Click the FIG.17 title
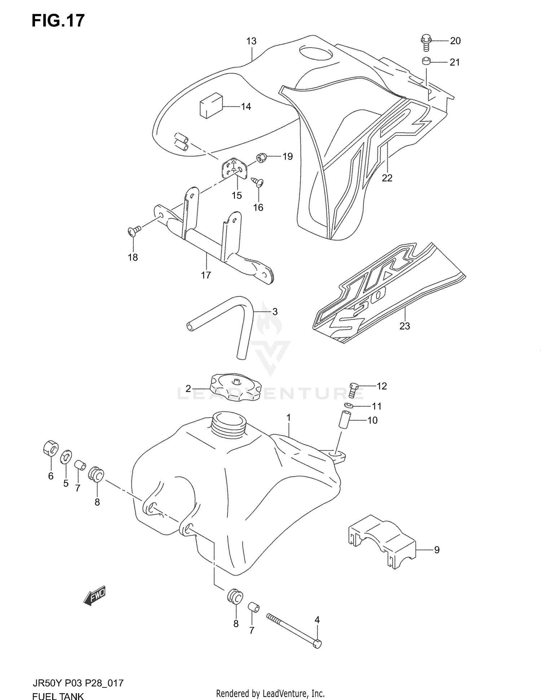click(58, 21)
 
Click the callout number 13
click(251, 41)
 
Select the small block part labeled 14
click(211, 105)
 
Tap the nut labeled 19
click(261, 158)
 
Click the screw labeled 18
click(133, 230)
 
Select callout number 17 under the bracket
click(206, 275)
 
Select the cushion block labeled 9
click(382, 542)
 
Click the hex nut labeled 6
click(50, 448)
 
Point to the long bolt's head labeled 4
click(317, 643)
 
